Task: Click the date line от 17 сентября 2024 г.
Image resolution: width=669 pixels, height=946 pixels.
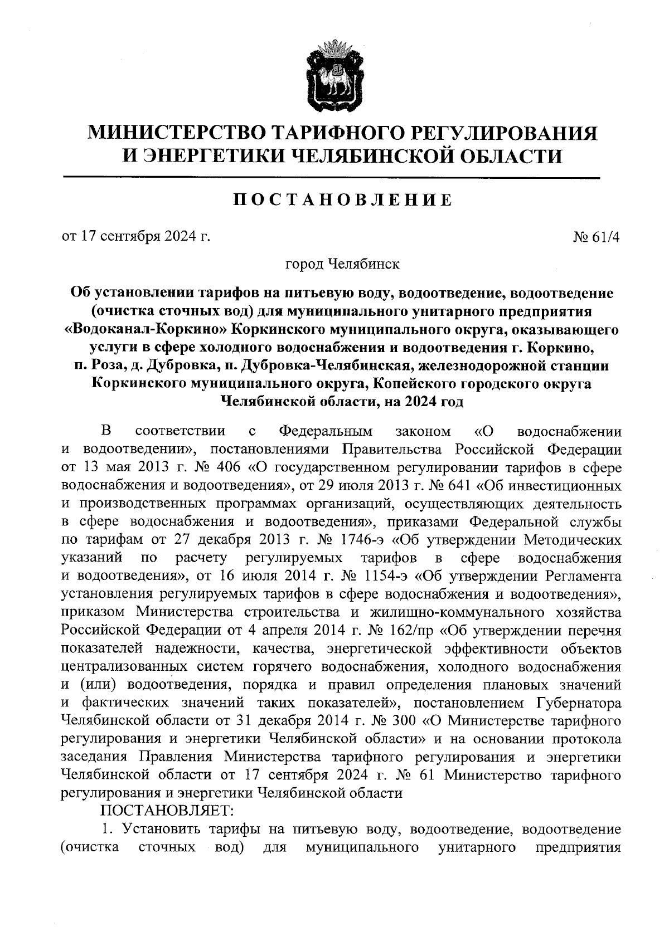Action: (136, 237)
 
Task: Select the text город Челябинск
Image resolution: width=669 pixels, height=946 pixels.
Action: (342, 264)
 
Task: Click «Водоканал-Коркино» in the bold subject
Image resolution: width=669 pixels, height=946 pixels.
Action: (146, 329)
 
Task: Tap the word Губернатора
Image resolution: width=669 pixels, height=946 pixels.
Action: (579, 703)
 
